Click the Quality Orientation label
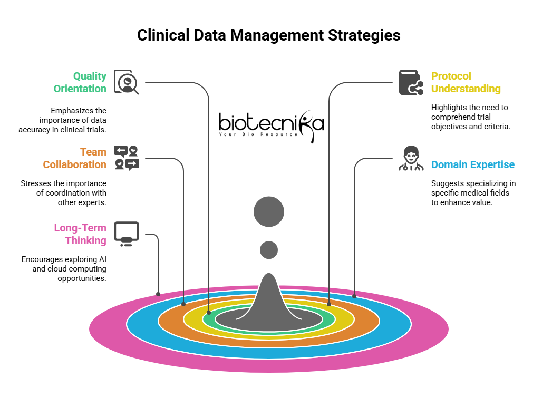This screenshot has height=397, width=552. click(80, 82)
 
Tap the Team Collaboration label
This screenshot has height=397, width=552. click(75, 158)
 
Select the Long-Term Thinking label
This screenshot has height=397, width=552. click(81, 234)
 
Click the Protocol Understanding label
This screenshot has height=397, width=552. click(466, 82)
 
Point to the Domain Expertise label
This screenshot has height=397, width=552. click(472, 164)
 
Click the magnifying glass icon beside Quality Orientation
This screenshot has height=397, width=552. click(127, 82)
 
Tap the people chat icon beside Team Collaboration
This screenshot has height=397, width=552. click(127, 158)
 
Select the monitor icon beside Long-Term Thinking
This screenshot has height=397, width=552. click(127, 234)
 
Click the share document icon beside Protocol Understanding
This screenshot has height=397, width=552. click(411, 82)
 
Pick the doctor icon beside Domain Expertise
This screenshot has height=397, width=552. click(411, 159)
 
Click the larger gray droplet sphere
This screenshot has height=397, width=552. click(269, 212)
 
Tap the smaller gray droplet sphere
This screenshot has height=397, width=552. click(269, 250)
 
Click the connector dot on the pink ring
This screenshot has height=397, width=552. click(158, 294)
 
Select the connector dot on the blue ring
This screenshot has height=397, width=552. click(354, 296)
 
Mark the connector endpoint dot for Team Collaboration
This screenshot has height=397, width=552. click(183, 304)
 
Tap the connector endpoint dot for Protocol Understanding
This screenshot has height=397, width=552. click(329, 304)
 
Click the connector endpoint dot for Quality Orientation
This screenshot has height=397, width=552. click(209, 313)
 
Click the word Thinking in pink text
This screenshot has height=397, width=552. click(86, 240)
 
